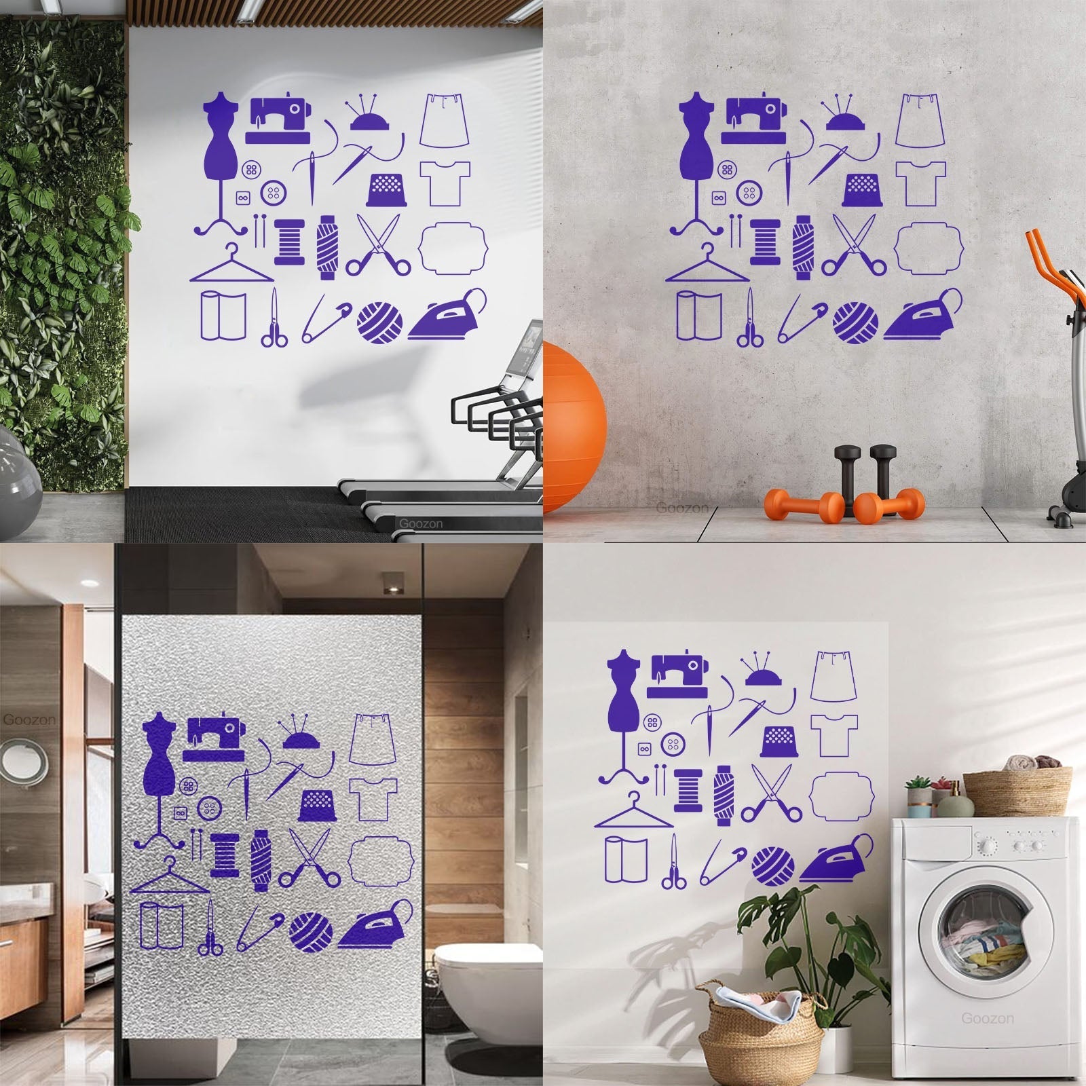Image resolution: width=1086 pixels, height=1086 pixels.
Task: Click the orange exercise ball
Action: point(574,428)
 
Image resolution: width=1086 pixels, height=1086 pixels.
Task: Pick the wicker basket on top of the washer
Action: point(1017,791)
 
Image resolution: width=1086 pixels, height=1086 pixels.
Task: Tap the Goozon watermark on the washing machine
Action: point(987,1018)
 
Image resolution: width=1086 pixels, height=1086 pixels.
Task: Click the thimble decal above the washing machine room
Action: point(779,742)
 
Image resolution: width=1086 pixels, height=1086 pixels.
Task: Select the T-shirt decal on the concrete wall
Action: point(920,183)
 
